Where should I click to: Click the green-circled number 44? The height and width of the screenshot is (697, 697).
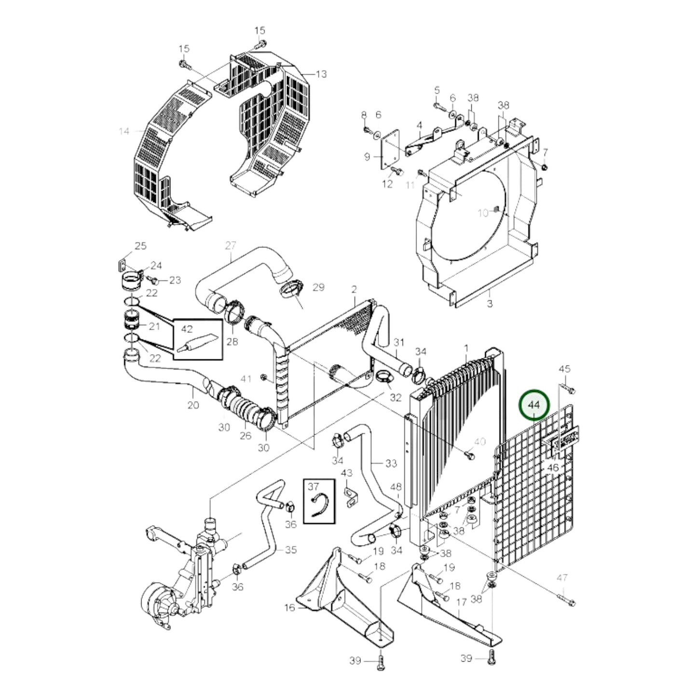(x=534, y=405)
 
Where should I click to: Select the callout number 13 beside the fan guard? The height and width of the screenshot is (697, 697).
(x=321, y=74)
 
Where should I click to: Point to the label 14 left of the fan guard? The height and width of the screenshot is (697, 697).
(x=124, y=131)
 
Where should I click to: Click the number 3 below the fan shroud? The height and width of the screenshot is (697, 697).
(x=490, y=304)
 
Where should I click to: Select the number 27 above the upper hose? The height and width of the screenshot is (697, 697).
(x=231, y=246)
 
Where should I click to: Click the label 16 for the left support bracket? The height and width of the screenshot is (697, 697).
(x=289, y=608)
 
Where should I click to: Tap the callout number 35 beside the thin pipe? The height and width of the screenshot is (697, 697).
(x=290, y=550)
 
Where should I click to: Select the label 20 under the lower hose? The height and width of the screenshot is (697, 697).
(x=193, y=405)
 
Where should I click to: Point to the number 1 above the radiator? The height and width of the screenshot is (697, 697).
(x=466, y=348)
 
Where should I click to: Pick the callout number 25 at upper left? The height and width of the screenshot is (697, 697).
(x=140, y=246)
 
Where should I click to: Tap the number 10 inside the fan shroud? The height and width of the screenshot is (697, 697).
(x=483, y=213)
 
